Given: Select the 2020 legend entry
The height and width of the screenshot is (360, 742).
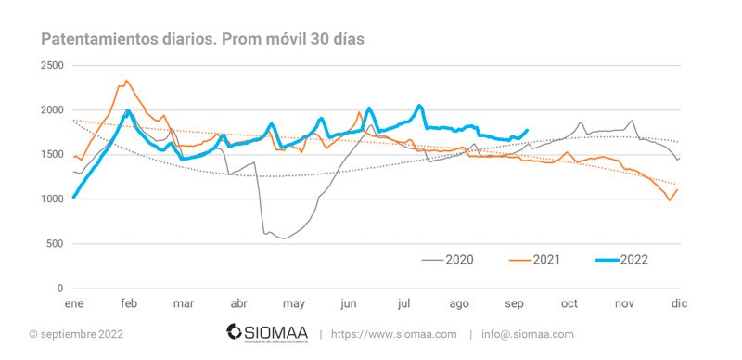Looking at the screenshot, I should [x=458, y=259].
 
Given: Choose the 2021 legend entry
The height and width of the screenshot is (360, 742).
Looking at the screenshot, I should [x=544, y=259].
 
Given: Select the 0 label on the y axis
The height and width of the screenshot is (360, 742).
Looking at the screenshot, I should [x=60, y=289].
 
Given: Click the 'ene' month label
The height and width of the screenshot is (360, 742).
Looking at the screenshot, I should [x=73, y=303].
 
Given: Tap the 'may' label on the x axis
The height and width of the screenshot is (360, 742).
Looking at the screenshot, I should [x=294, y=303].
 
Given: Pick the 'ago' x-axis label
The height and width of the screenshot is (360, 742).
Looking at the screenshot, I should [x=459, y=303].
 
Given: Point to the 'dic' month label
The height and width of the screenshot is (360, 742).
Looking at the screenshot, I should [x=679, y=303].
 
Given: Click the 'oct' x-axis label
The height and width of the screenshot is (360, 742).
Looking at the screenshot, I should [x=569, y=303].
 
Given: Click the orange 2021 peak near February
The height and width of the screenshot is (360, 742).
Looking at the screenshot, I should [x=126, y=81].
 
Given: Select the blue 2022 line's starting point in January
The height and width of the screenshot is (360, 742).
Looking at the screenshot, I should [x=73, y=197].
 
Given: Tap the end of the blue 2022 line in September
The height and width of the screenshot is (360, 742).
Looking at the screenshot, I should [x=528, y=130].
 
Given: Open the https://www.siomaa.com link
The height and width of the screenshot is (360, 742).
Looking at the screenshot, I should [x=394, y=334].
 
